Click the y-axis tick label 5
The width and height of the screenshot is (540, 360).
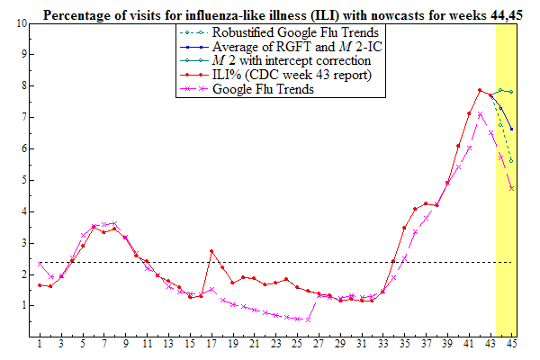pos(22,180)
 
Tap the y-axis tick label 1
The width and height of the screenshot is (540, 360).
pos(22,306)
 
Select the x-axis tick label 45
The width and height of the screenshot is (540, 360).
pos(511,345)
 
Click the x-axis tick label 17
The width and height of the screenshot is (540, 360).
pos(211,345)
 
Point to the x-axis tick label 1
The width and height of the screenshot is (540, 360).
pos(40,345)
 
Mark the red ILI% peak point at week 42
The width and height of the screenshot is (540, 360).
pos(480,90)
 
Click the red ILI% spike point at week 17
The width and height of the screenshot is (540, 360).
pos(211,251)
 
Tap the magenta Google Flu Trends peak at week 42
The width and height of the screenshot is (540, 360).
pos(480,114)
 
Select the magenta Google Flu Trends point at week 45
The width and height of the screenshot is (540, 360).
pos(511,188)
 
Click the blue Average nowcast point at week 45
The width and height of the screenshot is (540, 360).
pos(511,129)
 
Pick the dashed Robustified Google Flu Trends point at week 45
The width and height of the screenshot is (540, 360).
pos(511,161)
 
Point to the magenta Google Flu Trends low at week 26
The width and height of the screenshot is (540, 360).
pos(308,319)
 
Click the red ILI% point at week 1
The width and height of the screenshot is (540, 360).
pos(40,284)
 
